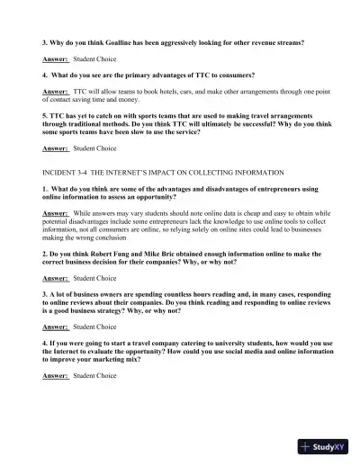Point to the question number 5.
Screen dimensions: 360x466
(x=44, y=115)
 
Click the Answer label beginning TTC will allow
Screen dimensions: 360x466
(x=55, y=92)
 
